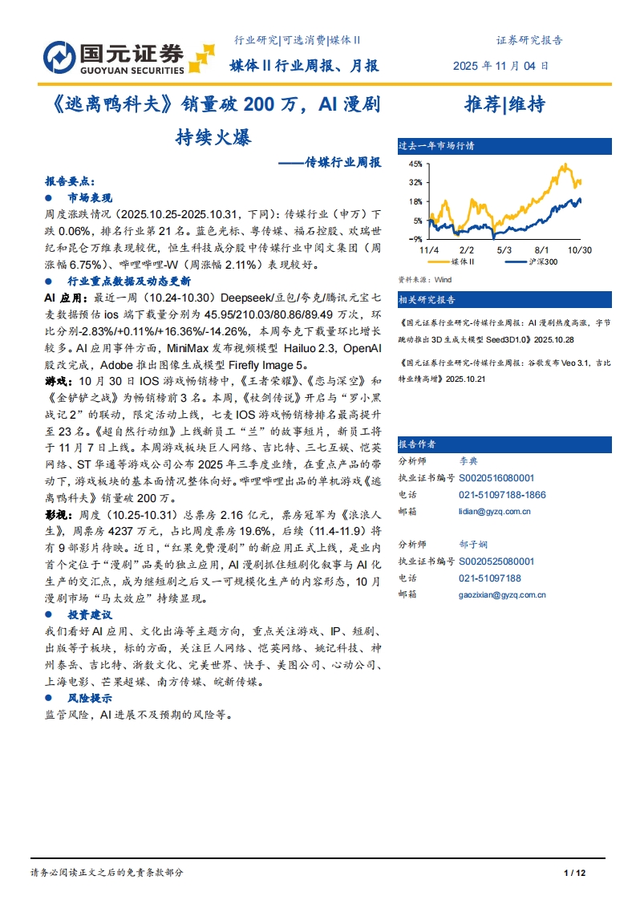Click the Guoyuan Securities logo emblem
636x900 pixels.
60,55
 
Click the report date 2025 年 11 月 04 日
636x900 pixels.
502,66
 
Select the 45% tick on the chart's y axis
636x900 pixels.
415,163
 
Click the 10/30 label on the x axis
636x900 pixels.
579,250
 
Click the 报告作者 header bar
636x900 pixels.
418,444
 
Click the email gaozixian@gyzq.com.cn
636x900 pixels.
502,595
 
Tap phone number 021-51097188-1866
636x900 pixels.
502,495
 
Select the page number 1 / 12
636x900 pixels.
576,873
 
